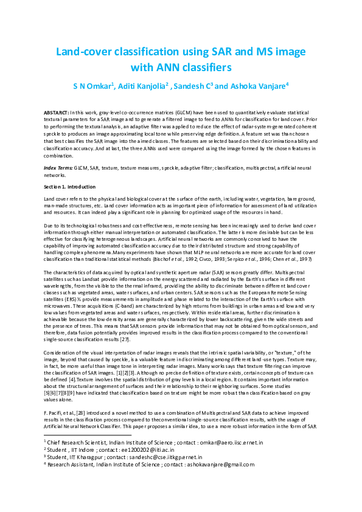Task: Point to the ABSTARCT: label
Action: [x=57, y=114]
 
